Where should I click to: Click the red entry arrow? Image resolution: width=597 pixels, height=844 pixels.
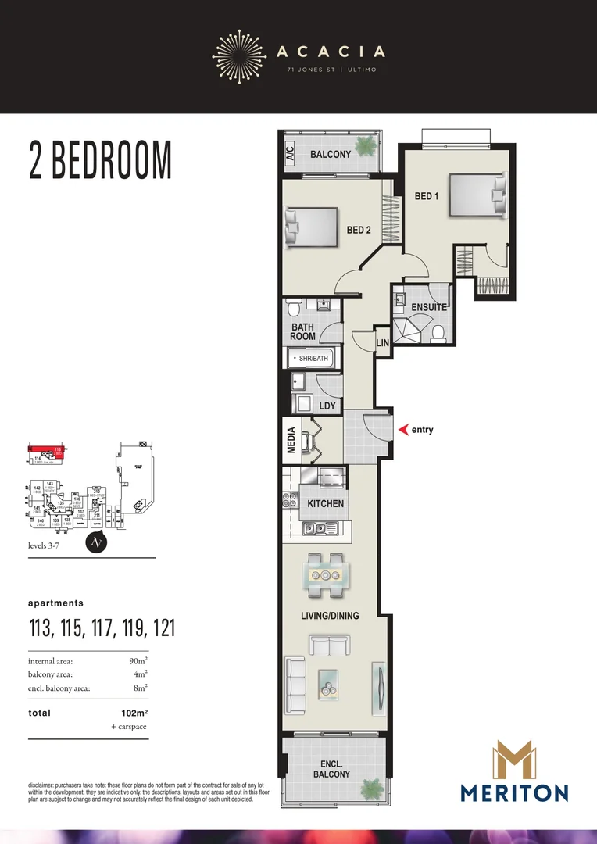coord(404,430)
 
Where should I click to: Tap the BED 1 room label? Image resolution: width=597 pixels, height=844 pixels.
coord(426,196)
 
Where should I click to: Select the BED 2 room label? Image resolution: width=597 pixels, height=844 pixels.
coord(359,230)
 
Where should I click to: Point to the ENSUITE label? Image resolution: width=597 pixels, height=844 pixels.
coord(429,308)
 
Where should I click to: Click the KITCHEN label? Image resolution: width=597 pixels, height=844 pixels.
coord(325,503)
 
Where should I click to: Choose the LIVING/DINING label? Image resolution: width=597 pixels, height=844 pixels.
coord(330,616)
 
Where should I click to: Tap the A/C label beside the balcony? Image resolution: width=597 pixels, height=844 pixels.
coord(289,155)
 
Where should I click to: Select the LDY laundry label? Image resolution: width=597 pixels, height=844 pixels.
coord(327,406)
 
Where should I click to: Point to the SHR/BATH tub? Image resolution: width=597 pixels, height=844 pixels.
coord(311,359)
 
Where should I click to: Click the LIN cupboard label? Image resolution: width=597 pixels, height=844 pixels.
coord(382,343)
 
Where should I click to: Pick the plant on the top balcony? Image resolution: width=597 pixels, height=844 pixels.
coord(364,146)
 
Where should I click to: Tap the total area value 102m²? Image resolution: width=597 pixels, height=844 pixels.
coord(131,713)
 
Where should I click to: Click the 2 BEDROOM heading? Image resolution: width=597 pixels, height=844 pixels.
coord(100,160)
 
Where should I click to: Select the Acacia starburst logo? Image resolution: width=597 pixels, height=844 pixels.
coord(239,52)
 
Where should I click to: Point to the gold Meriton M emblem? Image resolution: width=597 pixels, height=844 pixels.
coord(513,761)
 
